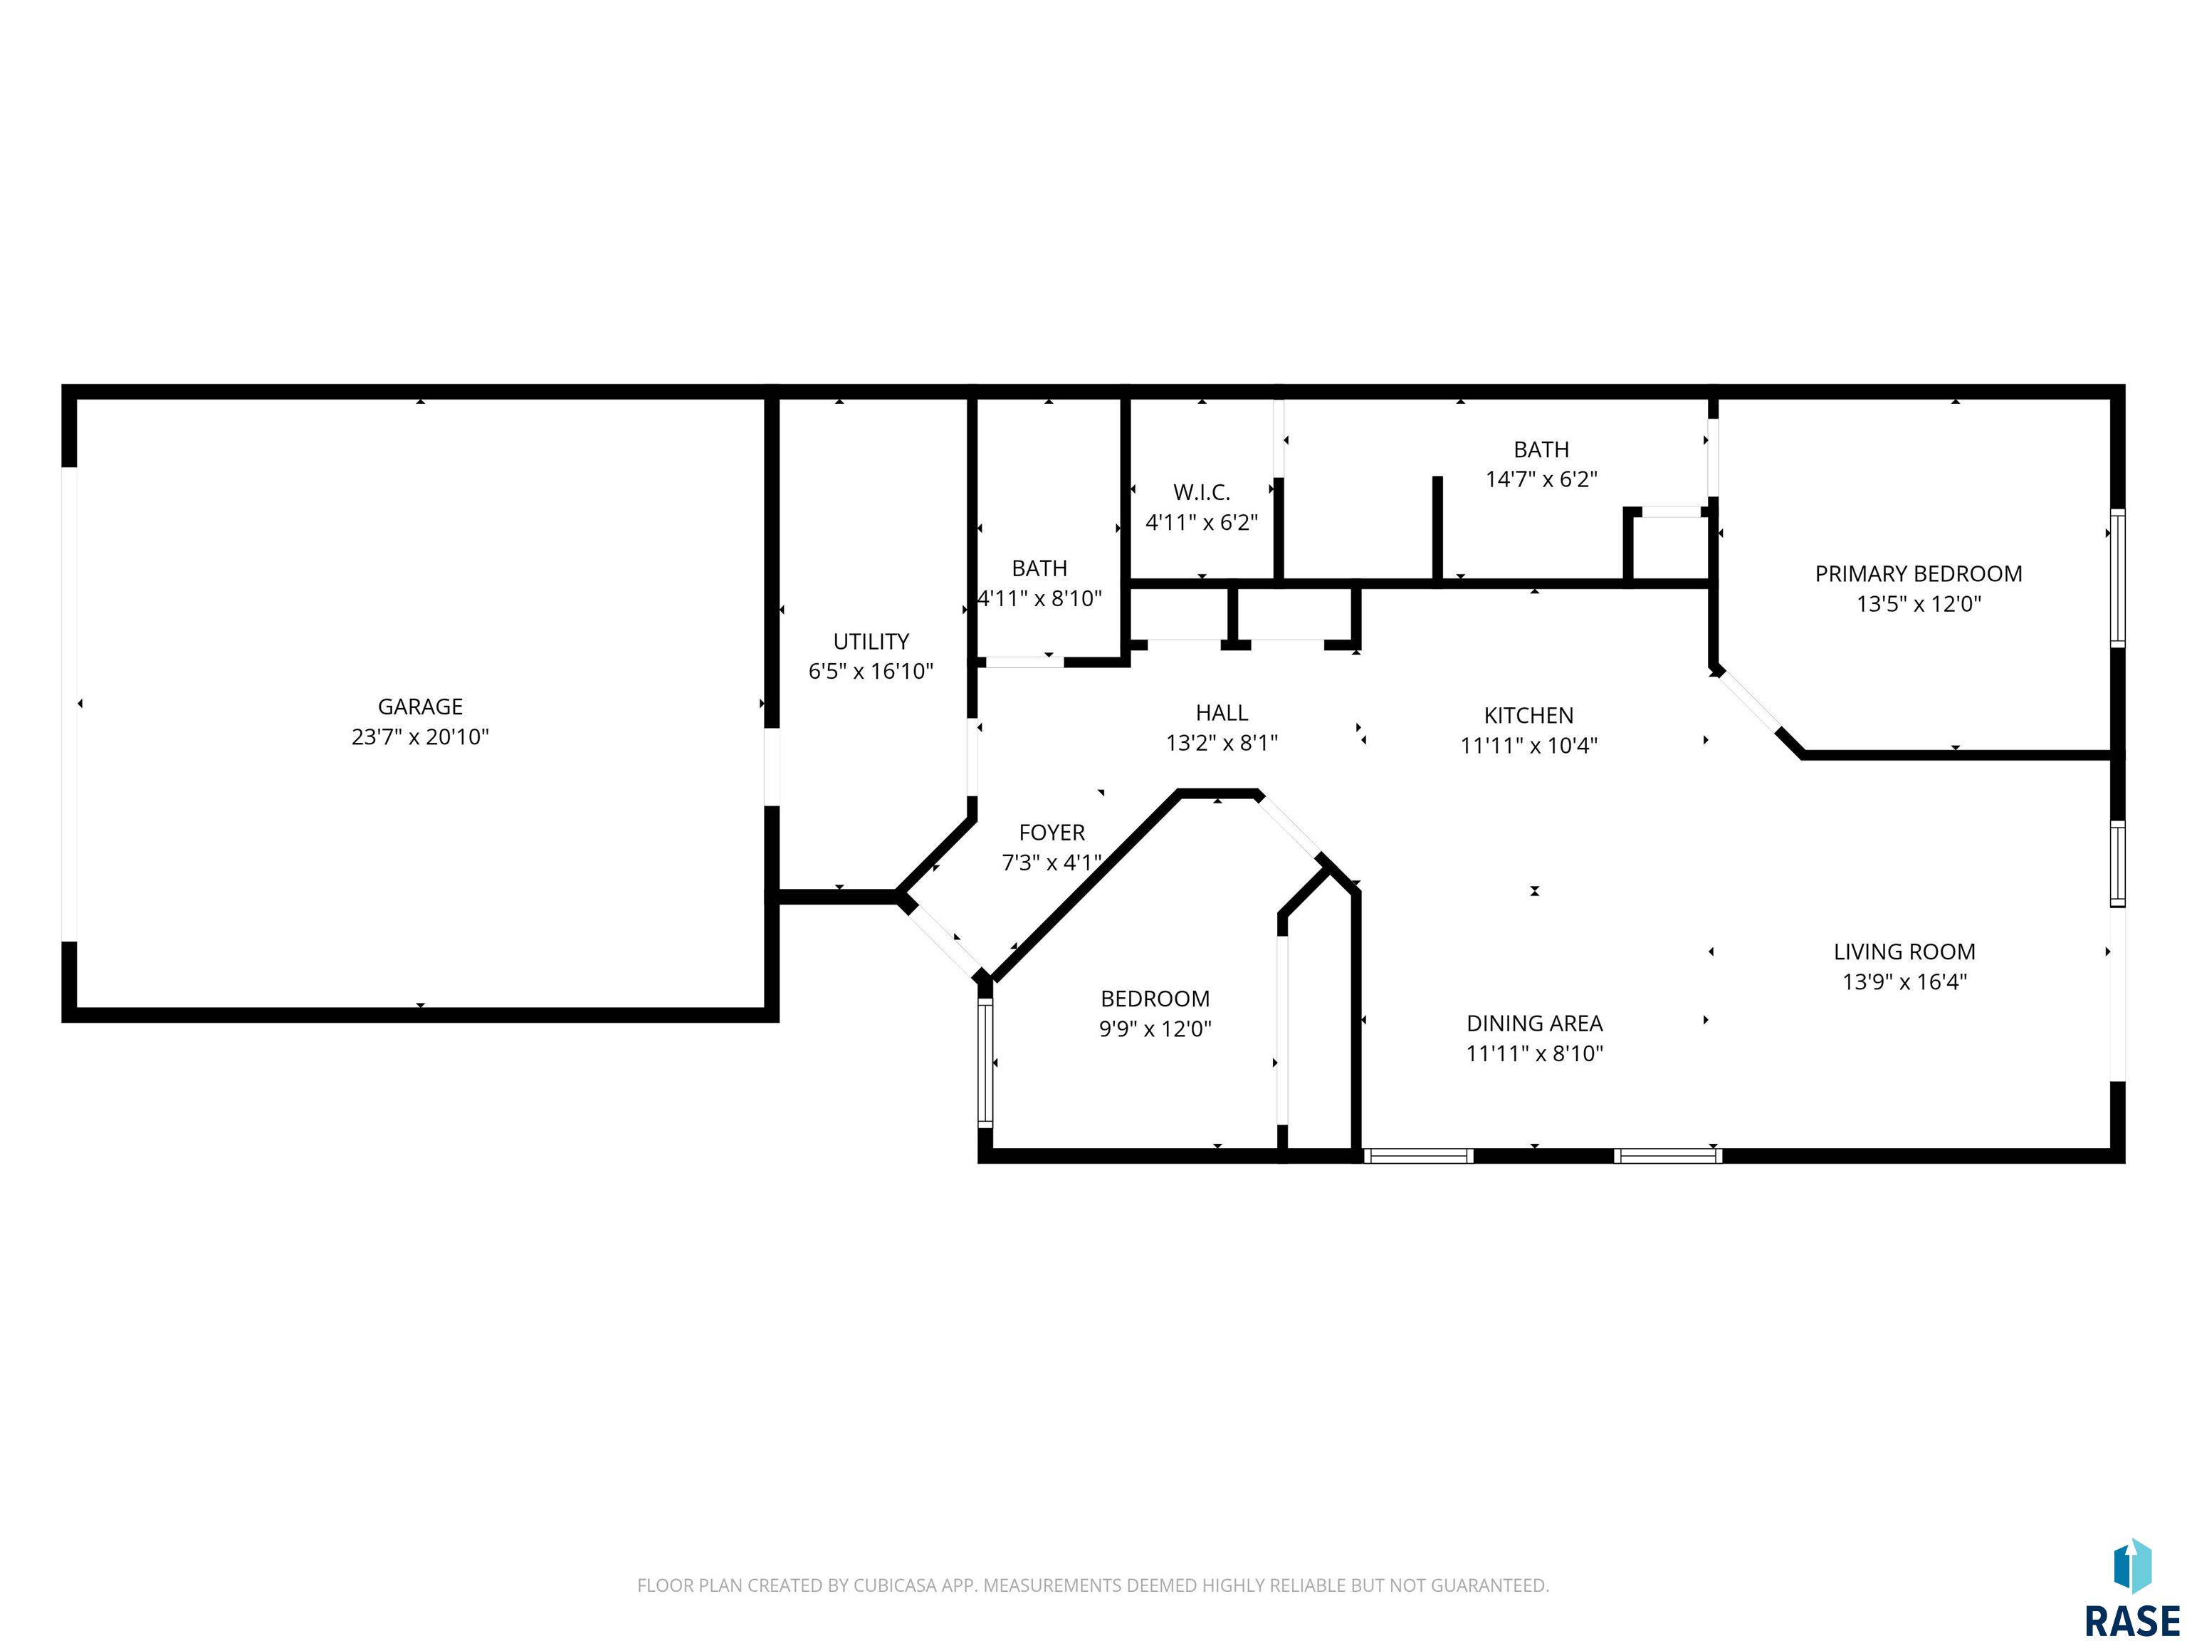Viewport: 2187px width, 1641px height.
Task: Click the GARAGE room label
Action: pos(420,707)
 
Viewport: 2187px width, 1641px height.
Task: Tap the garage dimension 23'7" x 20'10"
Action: pos(420,737)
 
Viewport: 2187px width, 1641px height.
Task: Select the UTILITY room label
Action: pos(871,641)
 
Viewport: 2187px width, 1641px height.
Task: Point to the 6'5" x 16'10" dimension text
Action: pos(871,672)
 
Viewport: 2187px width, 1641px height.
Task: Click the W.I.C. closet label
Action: pos(1202,491)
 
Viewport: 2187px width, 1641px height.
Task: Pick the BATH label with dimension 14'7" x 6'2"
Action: pos(1541,449)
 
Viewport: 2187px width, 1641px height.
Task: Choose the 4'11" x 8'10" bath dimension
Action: pos(1040,598)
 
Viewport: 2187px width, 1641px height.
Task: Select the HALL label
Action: pos(1222,712)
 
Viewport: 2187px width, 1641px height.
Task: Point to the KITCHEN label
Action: pos(1528,715)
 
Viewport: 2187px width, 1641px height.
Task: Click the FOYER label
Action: pos(1052,833)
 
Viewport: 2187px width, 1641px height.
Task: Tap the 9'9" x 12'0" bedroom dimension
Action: pos(1155,1028)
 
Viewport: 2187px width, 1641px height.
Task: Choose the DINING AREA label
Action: pos(1534,1023)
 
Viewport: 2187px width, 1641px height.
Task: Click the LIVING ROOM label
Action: pos(1905,952)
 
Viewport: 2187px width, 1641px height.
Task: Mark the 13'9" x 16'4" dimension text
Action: pos(1905,982)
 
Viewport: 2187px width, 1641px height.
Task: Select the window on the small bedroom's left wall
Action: pos(985,1063)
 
